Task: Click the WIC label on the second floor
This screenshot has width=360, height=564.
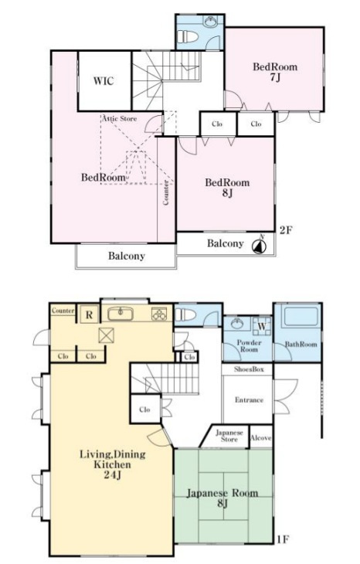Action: coord(104,80)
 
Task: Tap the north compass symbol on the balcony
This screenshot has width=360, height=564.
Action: coord(259,246)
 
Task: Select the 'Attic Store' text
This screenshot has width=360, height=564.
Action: coord(120,118)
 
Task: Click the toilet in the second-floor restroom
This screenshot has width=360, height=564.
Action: coord(188,36)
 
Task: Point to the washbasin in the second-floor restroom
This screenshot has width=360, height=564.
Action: coord(210,22)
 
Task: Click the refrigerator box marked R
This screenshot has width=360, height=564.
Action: coord(89,314)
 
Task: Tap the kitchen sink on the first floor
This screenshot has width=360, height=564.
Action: coord(121,314)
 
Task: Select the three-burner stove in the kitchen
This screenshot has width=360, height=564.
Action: coord(159,314)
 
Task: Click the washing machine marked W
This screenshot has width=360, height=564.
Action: coord(262,326)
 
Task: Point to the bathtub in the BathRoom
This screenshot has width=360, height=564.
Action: coord(301,317)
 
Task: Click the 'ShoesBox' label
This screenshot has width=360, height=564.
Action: coord(249,369)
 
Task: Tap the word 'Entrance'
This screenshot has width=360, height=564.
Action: coord(249,399)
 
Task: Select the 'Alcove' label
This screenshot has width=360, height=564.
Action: coord(261,438)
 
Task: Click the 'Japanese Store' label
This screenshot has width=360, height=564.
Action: coord(229,436)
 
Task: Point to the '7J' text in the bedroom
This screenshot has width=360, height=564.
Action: coord(275,76)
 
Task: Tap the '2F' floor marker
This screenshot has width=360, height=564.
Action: coord(286,229)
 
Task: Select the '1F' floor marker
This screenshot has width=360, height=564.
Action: coord(283,539)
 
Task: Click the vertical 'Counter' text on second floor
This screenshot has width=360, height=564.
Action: coord(166,192)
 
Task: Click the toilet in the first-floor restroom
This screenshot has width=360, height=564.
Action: coord(185,314)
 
